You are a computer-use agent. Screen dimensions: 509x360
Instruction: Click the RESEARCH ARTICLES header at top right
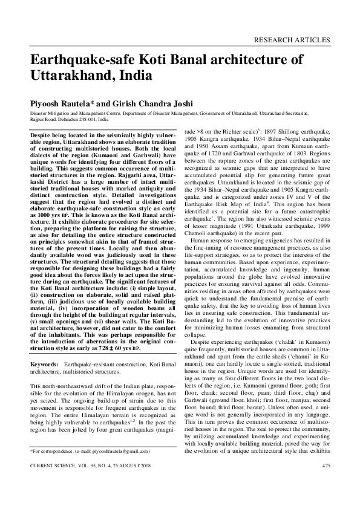click(293, 41)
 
